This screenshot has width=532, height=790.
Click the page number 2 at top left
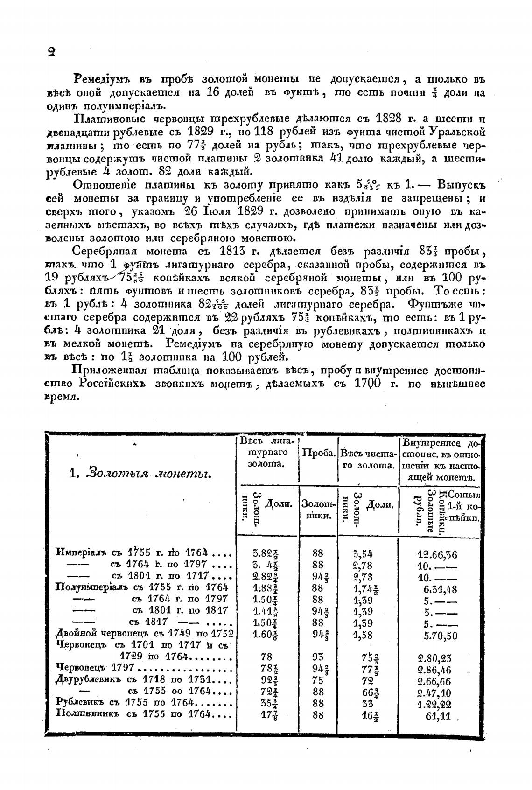pyautogui.click(x=51, y=52)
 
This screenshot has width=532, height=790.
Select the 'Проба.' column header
pyautogui.click(x=318, y=453)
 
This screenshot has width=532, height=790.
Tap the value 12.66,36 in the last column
pyautogui.click(x=437, y=554)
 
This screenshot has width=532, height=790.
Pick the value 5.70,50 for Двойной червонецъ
pyautogui.click(x=441, y=635)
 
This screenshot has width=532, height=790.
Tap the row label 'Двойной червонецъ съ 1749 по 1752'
pyautogui.click(x=144, y=633)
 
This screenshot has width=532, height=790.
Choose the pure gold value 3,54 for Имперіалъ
pyautogui.click(x=363, y=554)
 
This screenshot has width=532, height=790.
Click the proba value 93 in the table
pyautogui.click(x=318, y=657)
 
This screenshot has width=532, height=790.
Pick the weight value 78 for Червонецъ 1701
pyautogui.click(x=267, y=657)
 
